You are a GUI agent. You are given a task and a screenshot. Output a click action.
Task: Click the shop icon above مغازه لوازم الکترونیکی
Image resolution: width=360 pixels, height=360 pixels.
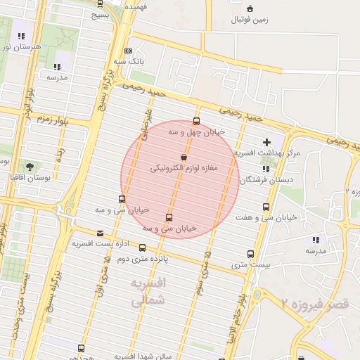(x=184, y=157)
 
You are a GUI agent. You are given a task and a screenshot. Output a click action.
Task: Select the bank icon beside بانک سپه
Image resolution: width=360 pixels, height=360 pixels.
(x=127, y=51)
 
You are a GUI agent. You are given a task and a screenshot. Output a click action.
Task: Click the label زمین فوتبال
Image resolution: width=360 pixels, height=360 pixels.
(x=250, y=20)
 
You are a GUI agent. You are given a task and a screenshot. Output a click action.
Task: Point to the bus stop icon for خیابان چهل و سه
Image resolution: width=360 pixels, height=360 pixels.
(x=196, y=120)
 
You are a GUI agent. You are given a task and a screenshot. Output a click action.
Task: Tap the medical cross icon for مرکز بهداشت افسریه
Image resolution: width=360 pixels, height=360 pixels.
(x=266, y=142)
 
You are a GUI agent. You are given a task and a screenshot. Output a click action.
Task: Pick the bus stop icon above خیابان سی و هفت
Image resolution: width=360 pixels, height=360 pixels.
(x=266, y=207)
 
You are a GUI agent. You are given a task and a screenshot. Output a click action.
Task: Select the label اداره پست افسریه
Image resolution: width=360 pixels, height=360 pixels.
(x=100, y=243)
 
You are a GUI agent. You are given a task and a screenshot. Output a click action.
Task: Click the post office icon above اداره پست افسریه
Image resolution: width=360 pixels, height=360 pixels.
(x=100, y=233)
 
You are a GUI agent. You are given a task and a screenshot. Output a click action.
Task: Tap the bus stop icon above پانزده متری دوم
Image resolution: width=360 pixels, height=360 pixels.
(x=143, y=248)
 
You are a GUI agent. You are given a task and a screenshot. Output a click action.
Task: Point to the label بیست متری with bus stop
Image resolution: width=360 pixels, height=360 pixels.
(x=250, y=265)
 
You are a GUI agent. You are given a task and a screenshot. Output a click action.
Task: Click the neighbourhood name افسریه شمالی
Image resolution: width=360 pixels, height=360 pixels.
(x=148, y=290)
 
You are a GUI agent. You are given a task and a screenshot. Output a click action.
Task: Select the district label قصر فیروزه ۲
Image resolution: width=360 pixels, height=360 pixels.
(x=309, y=303)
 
